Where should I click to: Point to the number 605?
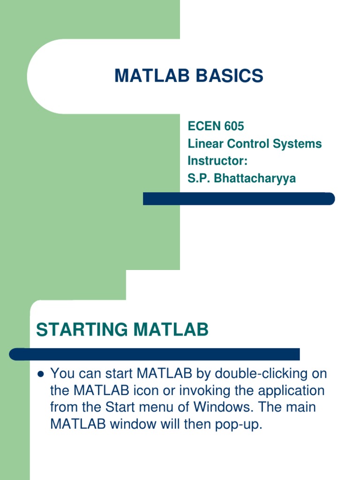pos(233,126)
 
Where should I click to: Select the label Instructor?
pos(217,161)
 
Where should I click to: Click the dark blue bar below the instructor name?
pos(239,199)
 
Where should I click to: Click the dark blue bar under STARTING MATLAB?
pos(155,354)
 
